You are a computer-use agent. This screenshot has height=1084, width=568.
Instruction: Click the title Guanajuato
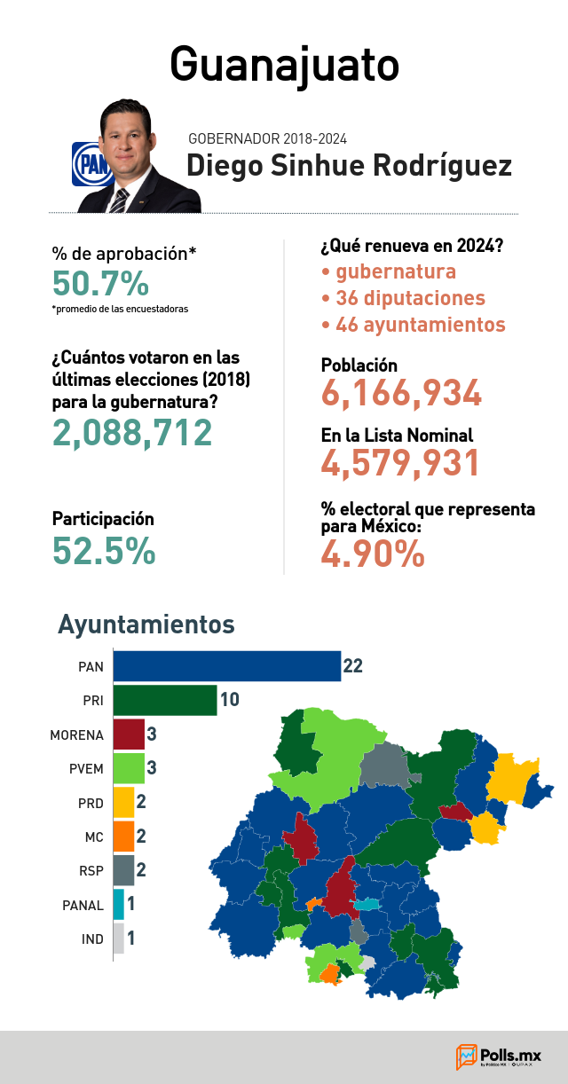coord(284,66)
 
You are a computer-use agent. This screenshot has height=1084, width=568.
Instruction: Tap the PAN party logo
coord(91,164)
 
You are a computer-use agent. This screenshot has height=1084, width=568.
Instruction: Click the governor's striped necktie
coord(119,200)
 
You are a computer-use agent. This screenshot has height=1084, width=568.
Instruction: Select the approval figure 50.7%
coord(100,283)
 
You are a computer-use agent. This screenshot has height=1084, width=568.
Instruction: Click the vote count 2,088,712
coord(131,432)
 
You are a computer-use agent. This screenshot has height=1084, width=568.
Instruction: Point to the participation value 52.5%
coord(104,551)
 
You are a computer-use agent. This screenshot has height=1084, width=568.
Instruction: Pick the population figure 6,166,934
coord(401,392)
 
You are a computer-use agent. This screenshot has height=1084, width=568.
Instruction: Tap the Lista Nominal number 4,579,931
coord(400,463)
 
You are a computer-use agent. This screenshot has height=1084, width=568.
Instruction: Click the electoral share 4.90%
coord(373,554)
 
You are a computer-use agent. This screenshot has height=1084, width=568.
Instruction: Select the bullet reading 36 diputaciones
coord(403,298)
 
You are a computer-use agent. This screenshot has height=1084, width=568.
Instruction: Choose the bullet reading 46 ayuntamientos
coord(414,325)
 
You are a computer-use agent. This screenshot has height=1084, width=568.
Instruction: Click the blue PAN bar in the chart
coord(227,666)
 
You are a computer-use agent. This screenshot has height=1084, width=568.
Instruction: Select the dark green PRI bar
coord(165,700)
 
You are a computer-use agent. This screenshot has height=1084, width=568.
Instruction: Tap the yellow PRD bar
coord(123,802)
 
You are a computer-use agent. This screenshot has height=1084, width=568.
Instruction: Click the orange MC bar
coord(123,837)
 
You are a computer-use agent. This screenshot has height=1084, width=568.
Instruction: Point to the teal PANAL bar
coord(119,905)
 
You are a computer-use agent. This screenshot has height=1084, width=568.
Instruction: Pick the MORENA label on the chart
coord(76,735)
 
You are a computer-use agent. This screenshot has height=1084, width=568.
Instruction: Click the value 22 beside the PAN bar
coord(352,666)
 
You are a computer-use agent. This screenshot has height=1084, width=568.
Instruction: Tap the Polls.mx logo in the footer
coord(498,1057)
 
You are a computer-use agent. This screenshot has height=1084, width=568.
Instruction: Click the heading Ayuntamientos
coord(146,624)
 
